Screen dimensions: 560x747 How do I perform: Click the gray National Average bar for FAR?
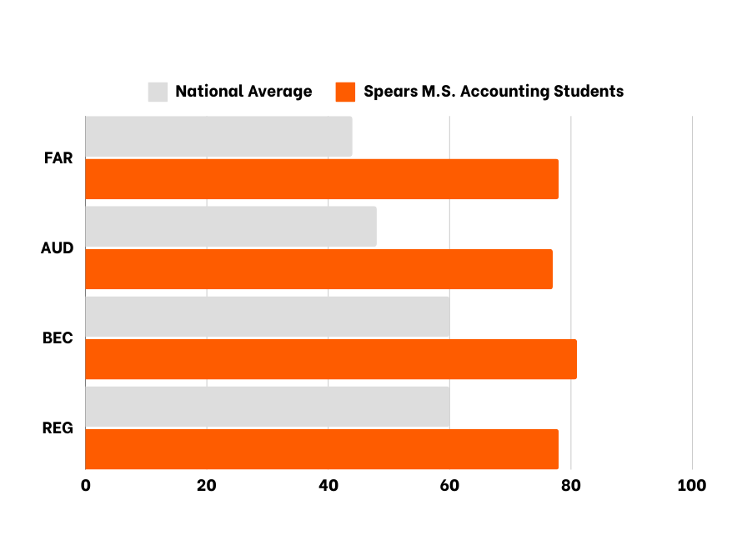point(218,137)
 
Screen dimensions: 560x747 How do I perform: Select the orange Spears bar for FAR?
point(322,179)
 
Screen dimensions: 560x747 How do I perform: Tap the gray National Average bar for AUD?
point(231,227)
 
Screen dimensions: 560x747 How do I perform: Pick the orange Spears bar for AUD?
point(318,269)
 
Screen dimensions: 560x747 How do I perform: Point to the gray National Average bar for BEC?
point(268,317)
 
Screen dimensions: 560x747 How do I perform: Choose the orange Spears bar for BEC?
point(331,359)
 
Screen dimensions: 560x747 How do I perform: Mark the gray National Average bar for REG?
point(268,407)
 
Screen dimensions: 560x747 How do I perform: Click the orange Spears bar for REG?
point(322,449)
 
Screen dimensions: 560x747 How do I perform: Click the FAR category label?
point(58,158)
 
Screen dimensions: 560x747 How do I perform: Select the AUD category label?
point(58,248)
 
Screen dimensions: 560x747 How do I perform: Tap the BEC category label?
point(58,338)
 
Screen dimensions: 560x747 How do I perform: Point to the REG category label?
point(58,428)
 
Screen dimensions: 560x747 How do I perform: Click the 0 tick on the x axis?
point(86,485)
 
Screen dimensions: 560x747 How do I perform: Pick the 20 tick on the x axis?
point(207,485)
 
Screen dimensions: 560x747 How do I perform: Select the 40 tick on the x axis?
point(328,485)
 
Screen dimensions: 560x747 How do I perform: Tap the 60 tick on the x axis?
point(449,485)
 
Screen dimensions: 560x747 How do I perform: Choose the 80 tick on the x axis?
point(571,485)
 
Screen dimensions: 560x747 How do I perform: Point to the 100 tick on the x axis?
point(692,485)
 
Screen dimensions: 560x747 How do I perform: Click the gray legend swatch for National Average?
point(158,92)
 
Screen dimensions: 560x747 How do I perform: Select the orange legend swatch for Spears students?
point(346,92)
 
